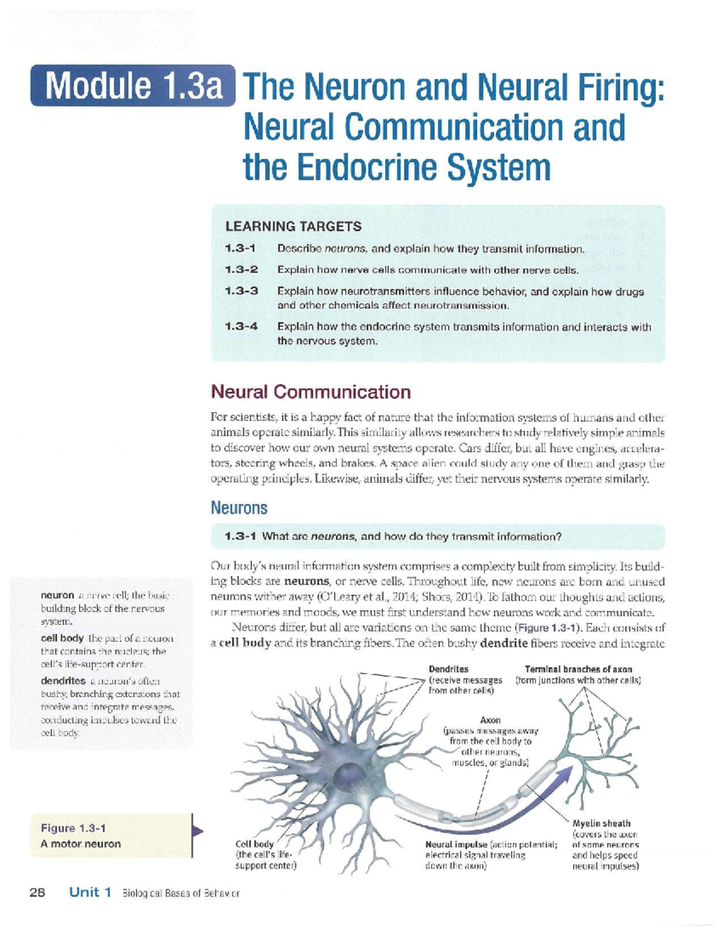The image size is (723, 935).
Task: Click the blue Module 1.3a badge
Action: [x=133, y=85]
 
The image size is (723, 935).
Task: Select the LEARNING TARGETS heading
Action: [x=293, y=226]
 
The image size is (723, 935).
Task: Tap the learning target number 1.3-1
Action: [x=241, y=249]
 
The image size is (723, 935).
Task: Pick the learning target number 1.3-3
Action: [x=241, y=291]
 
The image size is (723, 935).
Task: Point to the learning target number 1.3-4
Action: [x=241, y=327]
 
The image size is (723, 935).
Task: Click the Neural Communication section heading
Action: [x=310, y=392]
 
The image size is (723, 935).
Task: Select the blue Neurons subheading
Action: [x=239, y=508]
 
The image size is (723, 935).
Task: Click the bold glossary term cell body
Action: [x=61, y=638]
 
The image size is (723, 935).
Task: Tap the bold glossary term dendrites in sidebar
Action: [x=63, y=681]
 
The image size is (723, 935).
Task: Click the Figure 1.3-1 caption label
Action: [x=74, y=828]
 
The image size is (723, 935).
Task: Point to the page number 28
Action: [x=37, y=892]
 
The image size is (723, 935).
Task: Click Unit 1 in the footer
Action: [x=90, y=892]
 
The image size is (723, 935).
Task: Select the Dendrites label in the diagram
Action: [x=448, y=669]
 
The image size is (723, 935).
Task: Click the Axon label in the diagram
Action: [x=490, y=720]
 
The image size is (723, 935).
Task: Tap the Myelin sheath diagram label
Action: [x=601, y=823]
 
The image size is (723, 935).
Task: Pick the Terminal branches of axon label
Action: [x=578, y=669]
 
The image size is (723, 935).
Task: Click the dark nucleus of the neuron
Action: [x=348, y=774]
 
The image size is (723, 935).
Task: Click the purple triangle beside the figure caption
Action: [x=197, y=831]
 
